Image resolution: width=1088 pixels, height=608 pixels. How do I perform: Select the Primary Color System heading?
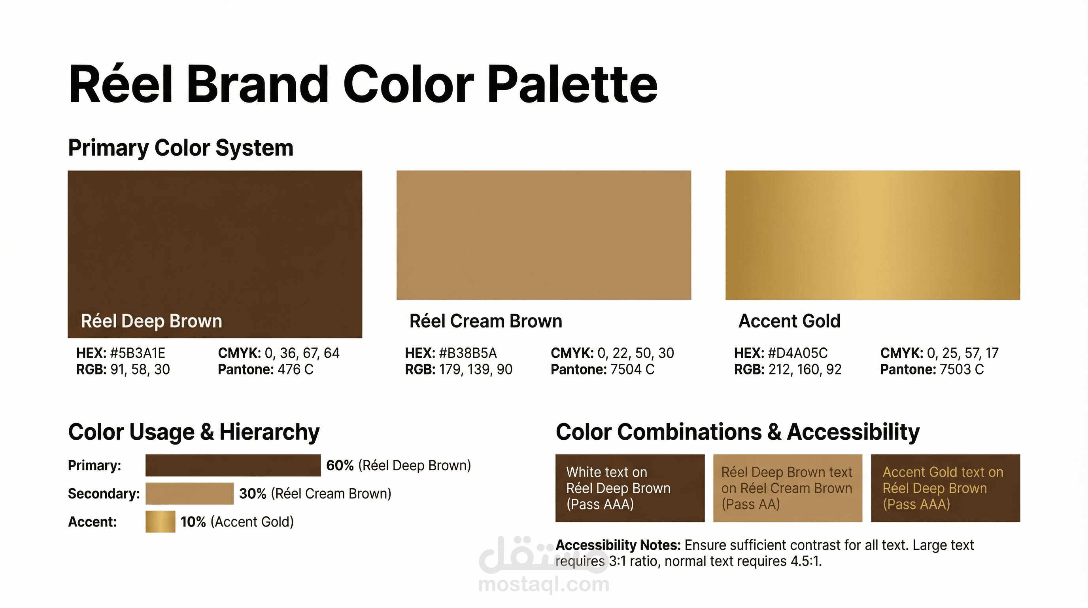(x=181, y=148)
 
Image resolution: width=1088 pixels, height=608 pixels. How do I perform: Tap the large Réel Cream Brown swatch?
(x=544, y=235)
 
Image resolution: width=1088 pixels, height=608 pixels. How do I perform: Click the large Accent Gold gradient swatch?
(x=873, y=235)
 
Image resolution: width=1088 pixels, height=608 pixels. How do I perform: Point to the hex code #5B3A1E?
(x=138, y=353)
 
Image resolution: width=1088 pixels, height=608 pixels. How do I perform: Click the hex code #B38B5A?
(x=468, y=353)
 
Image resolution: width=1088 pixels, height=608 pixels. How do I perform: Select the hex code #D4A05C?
(x=798, y=353)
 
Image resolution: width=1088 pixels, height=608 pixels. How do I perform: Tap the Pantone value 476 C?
(x=296, y=370)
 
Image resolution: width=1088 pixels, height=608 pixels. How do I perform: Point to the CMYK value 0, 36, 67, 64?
(x=302, y=353)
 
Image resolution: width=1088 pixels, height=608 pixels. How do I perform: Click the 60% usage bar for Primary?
(x=233, y=465)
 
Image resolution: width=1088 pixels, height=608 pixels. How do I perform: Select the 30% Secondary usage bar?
(x=190, y=494)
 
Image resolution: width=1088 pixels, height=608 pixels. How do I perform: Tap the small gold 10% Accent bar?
(x=161, y=522)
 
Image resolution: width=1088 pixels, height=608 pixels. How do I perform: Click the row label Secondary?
(x=104, y=494)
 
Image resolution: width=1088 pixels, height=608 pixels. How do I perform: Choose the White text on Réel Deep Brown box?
(x=630, y=488)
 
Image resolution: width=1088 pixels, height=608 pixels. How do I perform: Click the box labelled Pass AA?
(x=788, y=488)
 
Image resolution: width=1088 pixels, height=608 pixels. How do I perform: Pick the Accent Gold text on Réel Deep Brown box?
(x=946, y=488)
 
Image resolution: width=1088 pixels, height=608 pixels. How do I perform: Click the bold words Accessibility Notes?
(x=618, y=545)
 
